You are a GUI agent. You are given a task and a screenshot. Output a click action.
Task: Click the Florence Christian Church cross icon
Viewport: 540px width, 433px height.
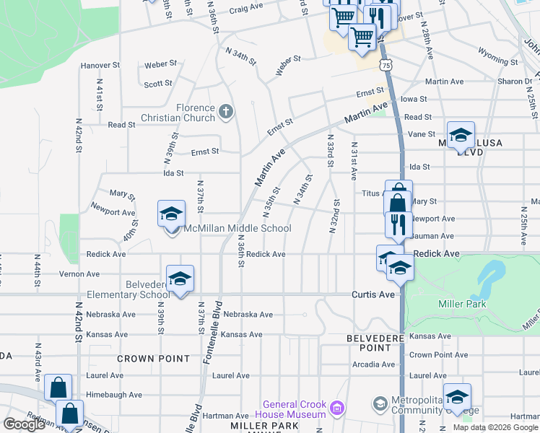[x=226, y=110]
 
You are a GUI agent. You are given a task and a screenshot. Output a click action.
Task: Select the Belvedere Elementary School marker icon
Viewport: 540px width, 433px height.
[x=180, y=279]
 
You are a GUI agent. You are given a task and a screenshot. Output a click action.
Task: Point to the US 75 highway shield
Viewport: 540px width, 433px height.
[x=387, y=65]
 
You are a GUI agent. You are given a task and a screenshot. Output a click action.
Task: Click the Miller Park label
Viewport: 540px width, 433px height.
[x=462, y=304]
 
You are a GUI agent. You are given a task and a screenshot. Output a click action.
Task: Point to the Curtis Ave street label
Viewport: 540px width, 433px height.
[x=373, y=294]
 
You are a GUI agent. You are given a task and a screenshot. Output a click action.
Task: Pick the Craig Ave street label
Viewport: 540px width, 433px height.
[x=248, y=10]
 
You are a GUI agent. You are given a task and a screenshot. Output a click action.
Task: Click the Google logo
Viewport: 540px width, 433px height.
[x=24, y=424]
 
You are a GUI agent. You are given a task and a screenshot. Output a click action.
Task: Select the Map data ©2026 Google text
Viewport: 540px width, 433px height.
[x=495, y=427]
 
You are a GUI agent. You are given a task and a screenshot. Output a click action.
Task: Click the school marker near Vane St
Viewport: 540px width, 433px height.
[x=461, y=135]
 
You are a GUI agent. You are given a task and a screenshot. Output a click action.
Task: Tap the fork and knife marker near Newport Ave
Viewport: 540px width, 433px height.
[x=399, y=224]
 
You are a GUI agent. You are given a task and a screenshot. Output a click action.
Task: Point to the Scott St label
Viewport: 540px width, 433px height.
[x=157, y=84]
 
